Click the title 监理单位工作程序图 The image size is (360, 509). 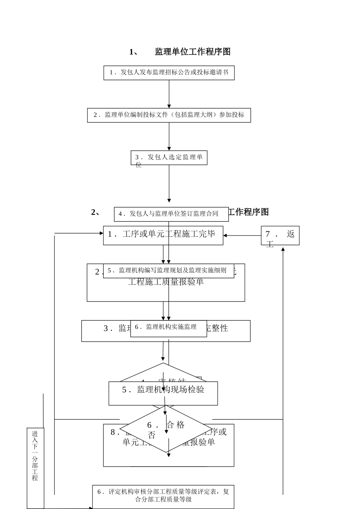[193, 52]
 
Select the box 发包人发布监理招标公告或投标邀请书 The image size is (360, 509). [169, 73]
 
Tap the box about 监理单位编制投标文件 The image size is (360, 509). [169, 115]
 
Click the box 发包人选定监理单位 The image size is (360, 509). [169, 158]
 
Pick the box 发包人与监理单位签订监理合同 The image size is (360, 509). [171, 214]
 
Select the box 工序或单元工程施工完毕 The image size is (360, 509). [163, 235]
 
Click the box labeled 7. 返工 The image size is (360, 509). [280, 236]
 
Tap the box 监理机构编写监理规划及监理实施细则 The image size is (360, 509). [169, 270]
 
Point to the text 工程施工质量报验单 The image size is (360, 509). [166, 282]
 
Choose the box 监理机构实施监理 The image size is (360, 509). [169, 327]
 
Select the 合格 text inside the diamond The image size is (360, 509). [176, 425]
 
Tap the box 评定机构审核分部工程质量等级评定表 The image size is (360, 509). [163, 495]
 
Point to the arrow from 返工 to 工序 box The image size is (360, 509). [242, 236]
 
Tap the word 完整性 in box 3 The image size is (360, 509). [217, 328]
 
